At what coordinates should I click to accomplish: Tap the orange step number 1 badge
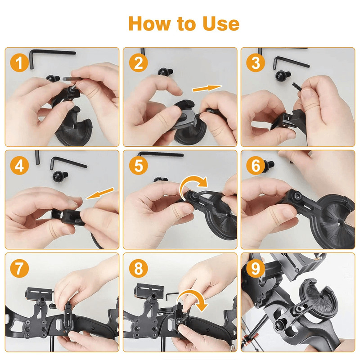(19, 63)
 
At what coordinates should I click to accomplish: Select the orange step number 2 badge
(138, 63)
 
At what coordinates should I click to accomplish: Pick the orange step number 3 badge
(256, 63)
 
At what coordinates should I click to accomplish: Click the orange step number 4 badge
(19, 166)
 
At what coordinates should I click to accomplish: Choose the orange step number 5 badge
(138, 166)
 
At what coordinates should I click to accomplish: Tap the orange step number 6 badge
(256, 166)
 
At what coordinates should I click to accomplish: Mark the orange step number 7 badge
(19, 269)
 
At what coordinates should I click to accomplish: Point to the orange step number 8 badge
(138, 269)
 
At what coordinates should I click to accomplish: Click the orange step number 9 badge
(256, 269)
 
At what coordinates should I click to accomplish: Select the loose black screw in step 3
(282, 74)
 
